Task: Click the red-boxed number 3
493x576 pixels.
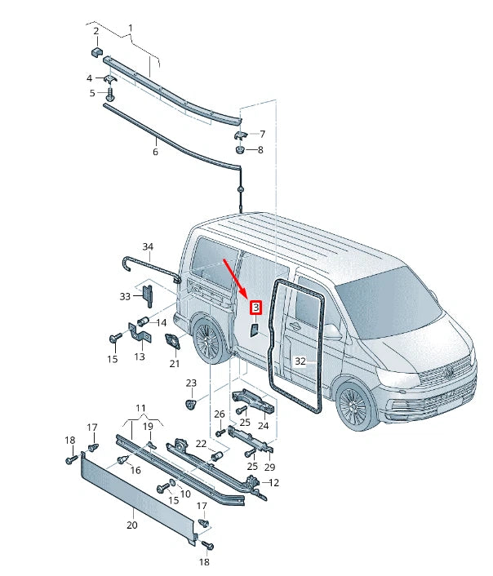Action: pos(255,308)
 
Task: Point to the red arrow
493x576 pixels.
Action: pos(237,279)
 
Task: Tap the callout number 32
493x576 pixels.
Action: pos(300,361)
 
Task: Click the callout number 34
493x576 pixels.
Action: pos(147,246)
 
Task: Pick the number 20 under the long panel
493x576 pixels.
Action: pos(131,525)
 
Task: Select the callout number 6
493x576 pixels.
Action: pos(155,152)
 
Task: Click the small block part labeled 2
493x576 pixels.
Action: pos(95,51)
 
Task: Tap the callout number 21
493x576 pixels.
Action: pos(174,363)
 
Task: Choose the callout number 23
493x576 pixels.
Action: pos(191,383)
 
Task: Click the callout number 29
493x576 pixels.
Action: pos(269,466)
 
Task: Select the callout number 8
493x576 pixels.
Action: pos(260,149)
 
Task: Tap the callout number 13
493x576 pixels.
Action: pos(139,356)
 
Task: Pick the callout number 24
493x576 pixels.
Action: pos(263,425)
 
